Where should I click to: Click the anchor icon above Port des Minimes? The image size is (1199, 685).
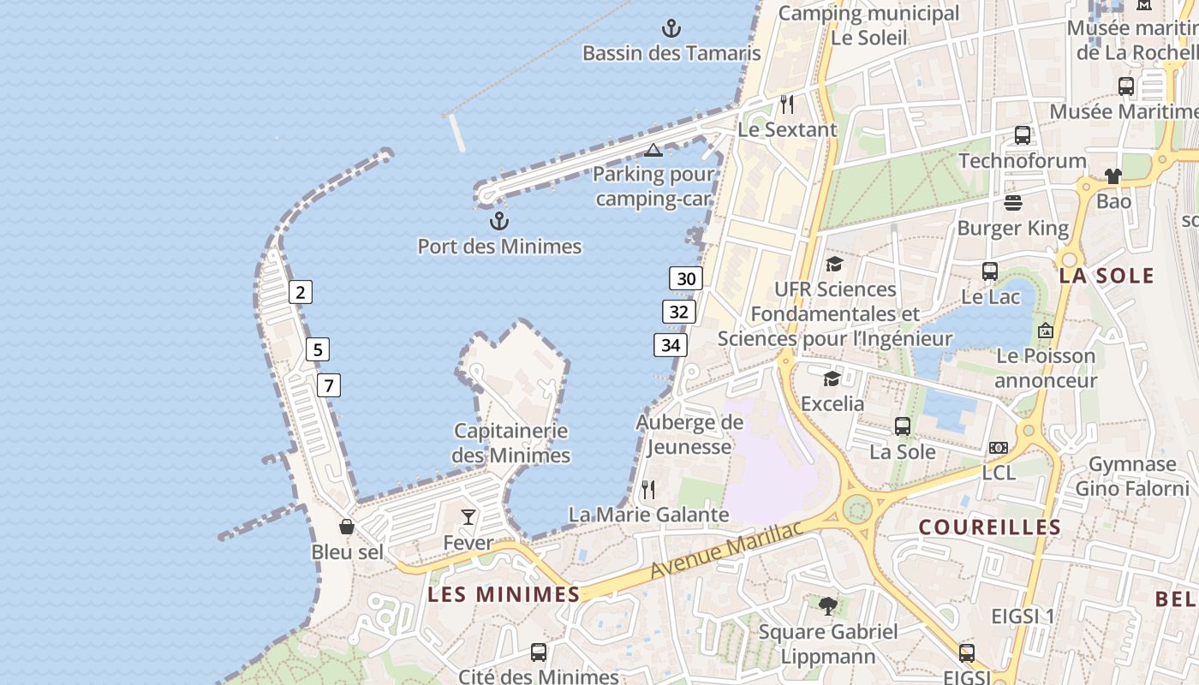(x=498, y=222)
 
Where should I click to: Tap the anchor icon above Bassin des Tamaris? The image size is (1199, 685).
(x=671, y=28)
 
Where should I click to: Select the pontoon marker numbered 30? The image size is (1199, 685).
(x=686, y=278)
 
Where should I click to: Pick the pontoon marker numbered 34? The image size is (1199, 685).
(x=671, y=345)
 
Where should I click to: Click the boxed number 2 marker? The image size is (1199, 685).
(x=300, y=292)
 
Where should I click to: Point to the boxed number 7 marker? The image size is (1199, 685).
(x=328, y=385)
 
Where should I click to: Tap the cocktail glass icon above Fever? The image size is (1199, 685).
(x=468, y=516)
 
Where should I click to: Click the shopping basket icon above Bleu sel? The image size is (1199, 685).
(x=347, y=527)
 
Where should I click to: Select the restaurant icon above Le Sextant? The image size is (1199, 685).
(x=787, y=104)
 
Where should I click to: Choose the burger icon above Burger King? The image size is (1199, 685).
(x=1013, y=203)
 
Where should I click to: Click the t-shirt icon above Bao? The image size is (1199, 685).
(x=1113, y=176)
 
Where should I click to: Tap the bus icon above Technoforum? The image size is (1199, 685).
(x=1023, y=134)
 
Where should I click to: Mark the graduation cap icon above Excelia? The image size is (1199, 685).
(x=832, y=378)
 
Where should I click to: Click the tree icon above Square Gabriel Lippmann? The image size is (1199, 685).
(x=828, y=606)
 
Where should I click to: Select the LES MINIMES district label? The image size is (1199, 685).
(x=504, y=594)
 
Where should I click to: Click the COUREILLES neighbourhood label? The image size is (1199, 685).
(x=989, y=527)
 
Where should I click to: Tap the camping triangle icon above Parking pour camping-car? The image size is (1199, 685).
(x=653, y=151)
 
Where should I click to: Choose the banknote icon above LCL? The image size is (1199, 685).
(x=999, y=448)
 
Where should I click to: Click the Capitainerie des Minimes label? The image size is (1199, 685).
(x=511, y=443)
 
